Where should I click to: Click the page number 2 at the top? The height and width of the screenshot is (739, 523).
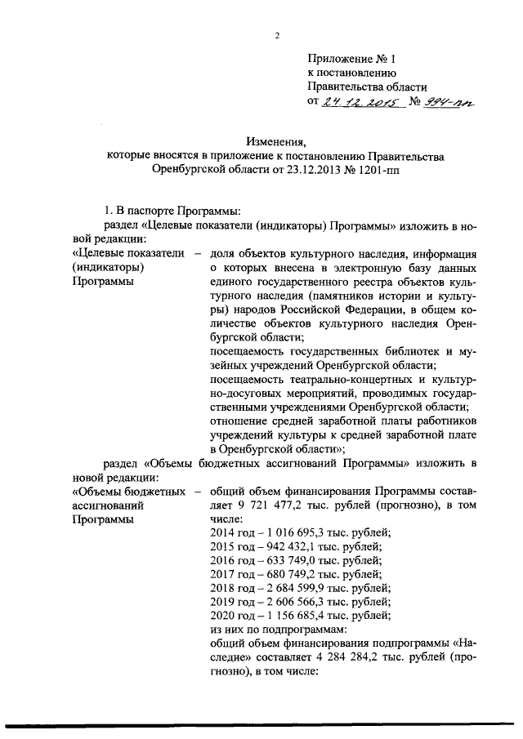[x=277, y=35]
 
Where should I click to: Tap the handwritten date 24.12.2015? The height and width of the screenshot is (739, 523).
[x=354, y=103]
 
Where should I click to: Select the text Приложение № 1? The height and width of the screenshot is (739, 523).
[x=351, y=58]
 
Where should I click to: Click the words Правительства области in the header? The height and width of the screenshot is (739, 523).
[x=367, y=87]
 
